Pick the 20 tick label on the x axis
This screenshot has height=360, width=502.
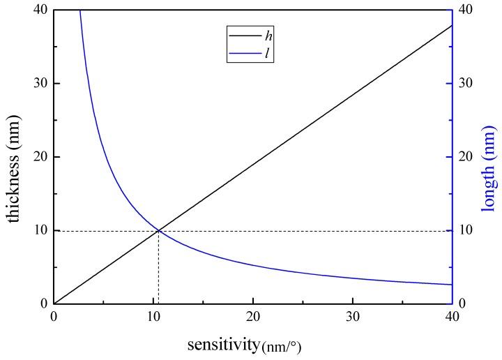[x=253, y=317]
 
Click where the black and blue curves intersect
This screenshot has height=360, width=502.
[x=159, y=230]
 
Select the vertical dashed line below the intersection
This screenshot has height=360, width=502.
[x=159, y=269]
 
